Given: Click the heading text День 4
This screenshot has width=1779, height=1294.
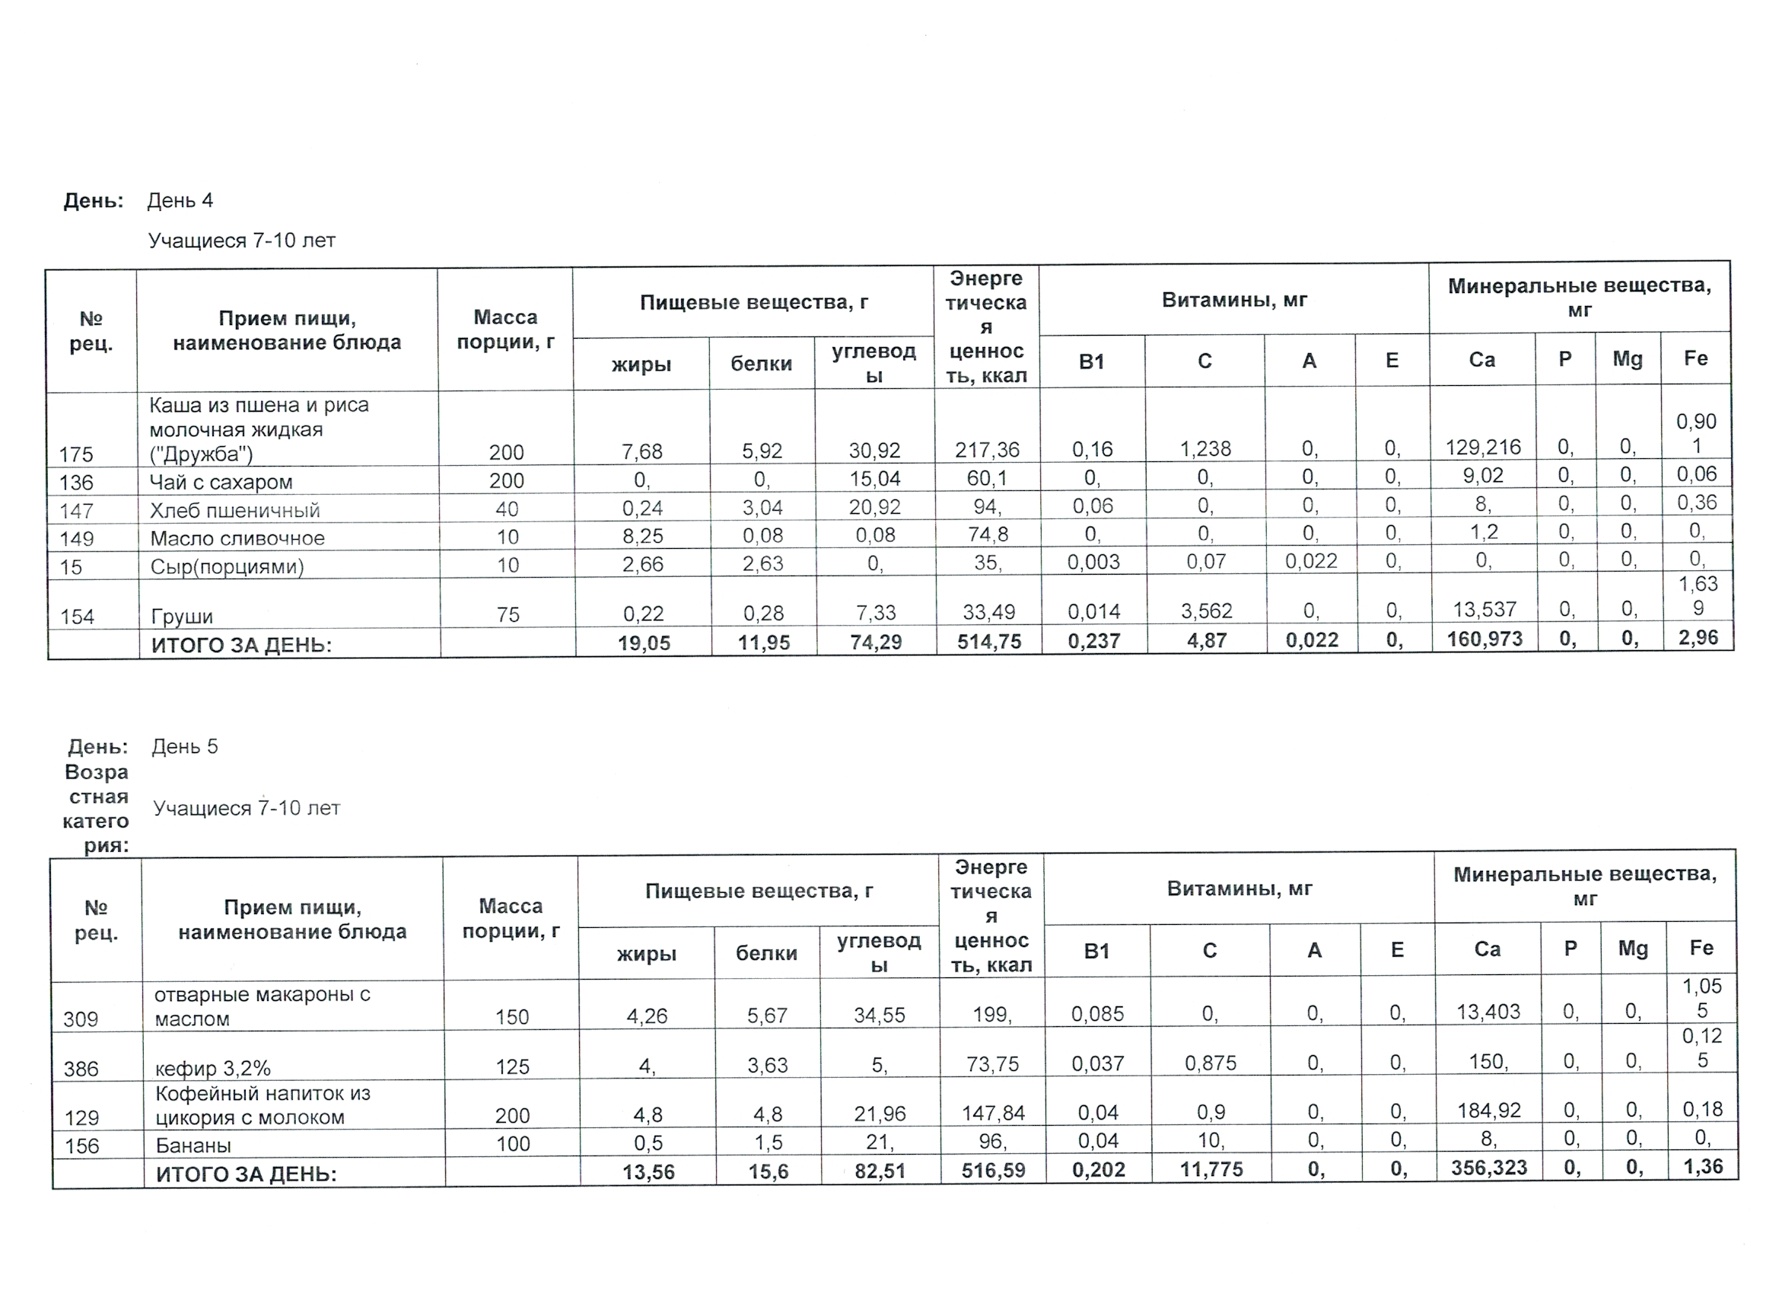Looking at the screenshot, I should tap(180, 201).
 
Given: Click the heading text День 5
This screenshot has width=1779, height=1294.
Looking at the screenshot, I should tap(184, 746).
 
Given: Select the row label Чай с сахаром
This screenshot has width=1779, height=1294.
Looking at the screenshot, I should tap(221, 482).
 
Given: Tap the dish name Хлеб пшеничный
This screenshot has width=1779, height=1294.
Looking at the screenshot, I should tap(234, 510).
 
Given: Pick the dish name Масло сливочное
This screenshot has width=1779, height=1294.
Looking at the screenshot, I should tap(237, 538).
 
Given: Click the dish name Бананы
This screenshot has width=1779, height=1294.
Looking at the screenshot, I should tap(193, 1145).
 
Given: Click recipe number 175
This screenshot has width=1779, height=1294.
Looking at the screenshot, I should tap(76, 454).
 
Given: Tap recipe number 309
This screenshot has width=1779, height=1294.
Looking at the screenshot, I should tap(81, 1019).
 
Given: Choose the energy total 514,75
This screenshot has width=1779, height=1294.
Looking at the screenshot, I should tap(989, 642).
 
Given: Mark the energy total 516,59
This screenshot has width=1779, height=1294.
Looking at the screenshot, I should tap(993, 1171).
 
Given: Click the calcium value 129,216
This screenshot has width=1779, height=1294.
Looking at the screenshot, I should tap(1482, 448).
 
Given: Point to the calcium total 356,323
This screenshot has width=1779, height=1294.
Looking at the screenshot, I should tap(1489, 1168).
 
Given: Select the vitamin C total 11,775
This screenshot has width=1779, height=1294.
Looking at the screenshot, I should tap(1211, 1170).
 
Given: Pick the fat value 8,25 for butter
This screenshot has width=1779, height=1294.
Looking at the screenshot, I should tap(642, 536).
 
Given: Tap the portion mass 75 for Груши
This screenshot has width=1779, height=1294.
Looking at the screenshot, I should tap(508, 614).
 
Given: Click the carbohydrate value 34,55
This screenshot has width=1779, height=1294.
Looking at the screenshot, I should tap(880, 1015).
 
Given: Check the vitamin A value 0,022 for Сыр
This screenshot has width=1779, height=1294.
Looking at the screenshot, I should tap(1311, 561).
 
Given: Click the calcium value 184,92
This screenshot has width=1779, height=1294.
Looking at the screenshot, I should tap(1488, 1111).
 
